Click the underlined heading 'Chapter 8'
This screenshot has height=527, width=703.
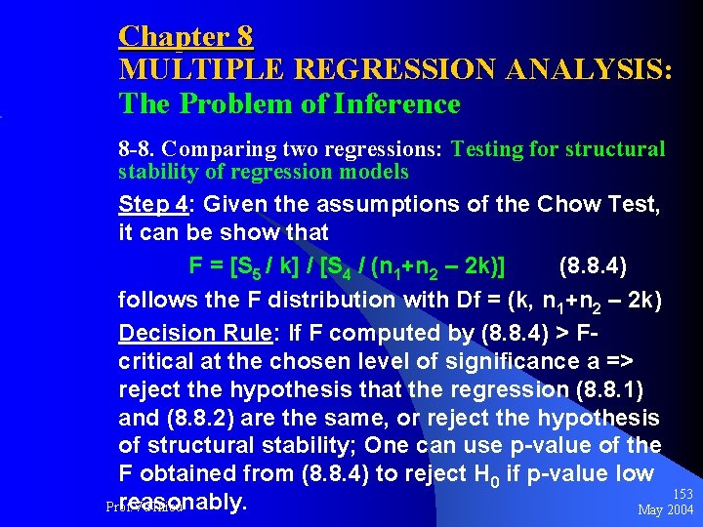186,37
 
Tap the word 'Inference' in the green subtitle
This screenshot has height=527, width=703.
402,103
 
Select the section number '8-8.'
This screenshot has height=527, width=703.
137,149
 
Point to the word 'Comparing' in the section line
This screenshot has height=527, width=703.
206,149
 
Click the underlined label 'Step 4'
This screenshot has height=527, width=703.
154,206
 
